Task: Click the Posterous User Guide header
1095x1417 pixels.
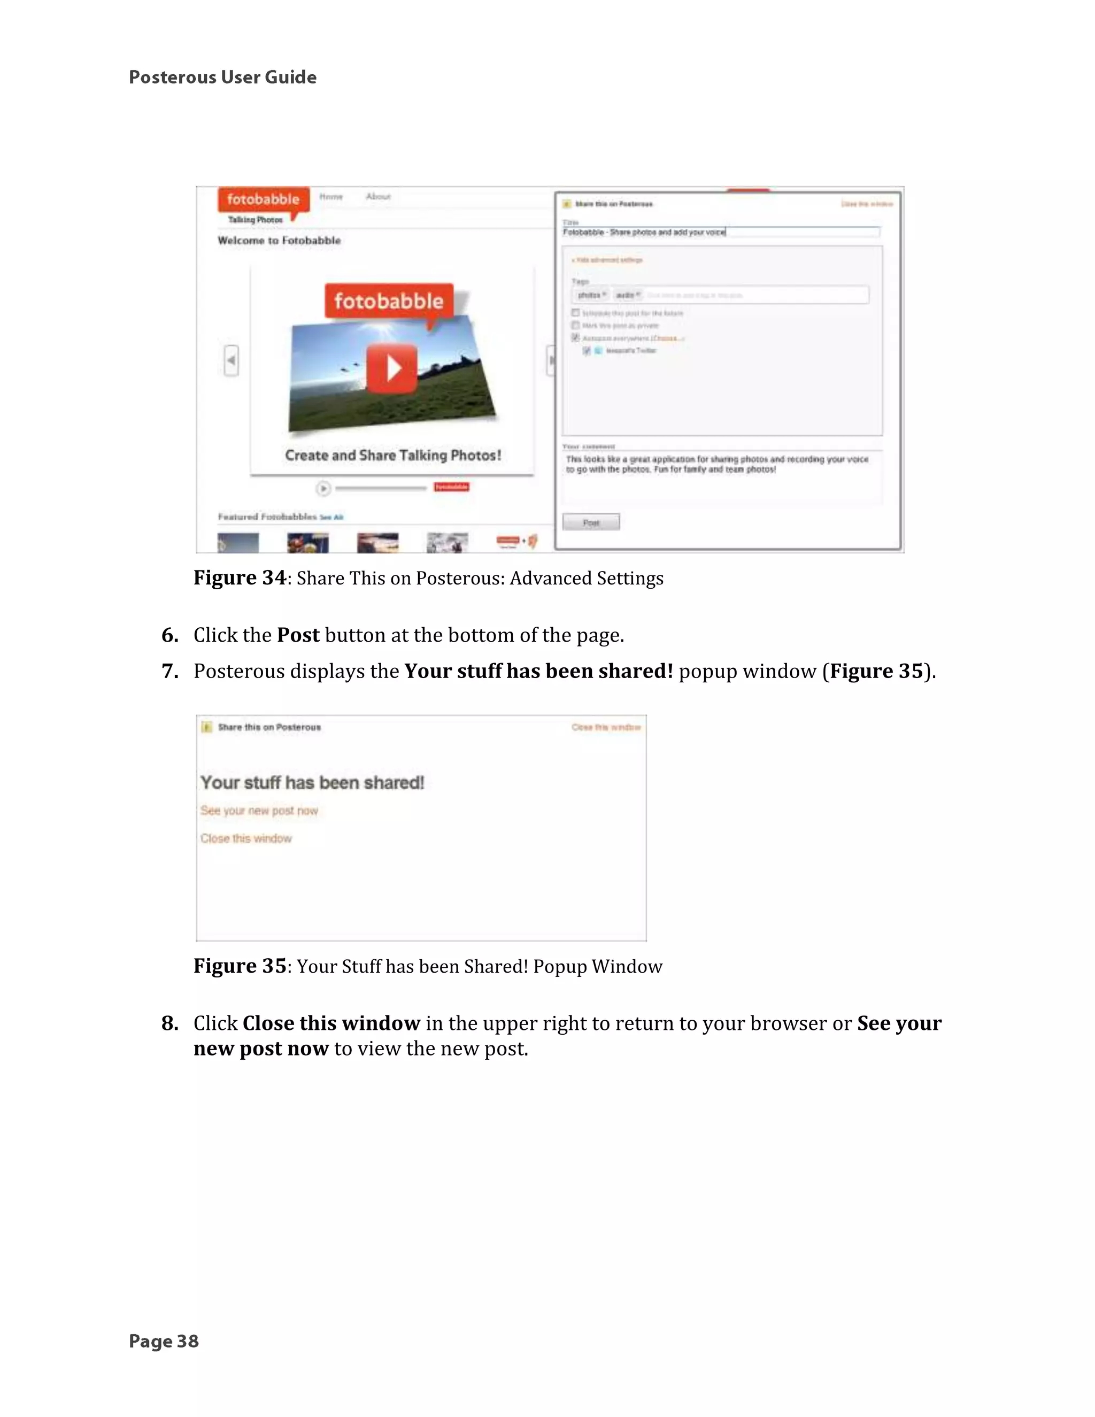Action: (222, 77)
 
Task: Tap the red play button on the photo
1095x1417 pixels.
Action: (391, 368)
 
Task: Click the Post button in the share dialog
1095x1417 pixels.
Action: (591, 522)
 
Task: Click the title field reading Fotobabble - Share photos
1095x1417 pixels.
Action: (720, 232)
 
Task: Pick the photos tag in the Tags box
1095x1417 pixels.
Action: (591, 295)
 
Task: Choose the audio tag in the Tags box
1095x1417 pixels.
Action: (627, 295)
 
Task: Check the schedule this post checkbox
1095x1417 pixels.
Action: (575, 313)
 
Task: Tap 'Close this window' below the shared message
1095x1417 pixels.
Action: (246, 838)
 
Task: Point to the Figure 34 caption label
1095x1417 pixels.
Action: (240, 578)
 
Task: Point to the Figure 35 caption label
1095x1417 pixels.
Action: (240, 966)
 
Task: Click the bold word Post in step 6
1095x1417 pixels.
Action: (298, 635)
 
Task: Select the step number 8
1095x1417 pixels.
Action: (169, 1023)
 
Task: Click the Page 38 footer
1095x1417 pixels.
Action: (164, 1341)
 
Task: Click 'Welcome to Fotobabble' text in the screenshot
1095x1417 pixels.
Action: (279, 241)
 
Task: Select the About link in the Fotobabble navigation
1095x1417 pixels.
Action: (378, 197)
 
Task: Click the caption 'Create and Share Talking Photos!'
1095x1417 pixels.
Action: (392, 456)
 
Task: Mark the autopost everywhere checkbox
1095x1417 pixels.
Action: (575, 337)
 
